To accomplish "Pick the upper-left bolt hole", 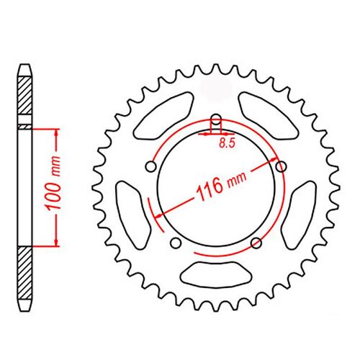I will click(150, 167).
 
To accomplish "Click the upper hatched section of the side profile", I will click(25, 96).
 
